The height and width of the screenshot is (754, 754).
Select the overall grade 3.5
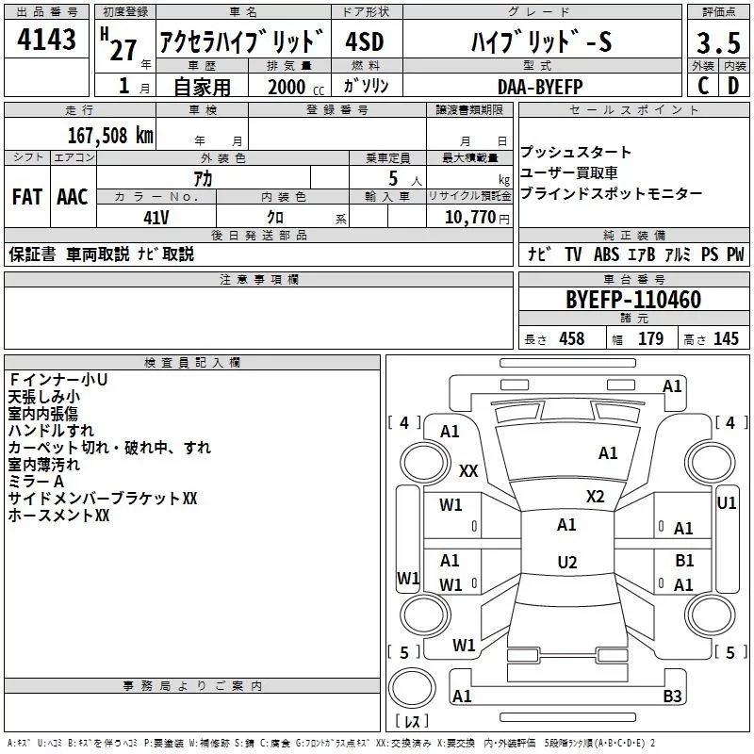[717, 43]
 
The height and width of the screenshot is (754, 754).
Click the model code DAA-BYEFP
[540, 86]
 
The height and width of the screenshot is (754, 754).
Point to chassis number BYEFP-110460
[632, 301]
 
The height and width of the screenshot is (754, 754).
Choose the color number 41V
[157, 216]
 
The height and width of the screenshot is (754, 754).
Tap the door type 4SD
[366, 43]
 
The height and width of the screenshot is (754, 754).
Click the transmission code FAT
[26, 197]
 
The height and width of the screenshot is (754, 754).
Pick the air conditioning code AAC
[73, 197]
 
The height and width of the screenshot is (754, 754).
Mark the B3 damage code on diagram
[672, 697]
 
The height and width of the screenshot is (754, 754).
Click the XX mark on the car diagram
[468, 470]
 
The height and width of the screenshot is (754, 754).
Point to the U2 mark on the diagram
[566, 563]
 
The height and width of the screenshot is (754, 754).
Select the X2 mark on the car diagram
[596, 496]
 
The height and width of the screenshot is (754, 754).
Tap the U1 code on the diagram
[727, 503]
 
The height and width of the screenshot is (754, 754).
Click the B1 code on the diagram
[684, 561]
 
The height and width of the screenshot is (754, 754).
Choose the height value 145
[726, 339]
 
